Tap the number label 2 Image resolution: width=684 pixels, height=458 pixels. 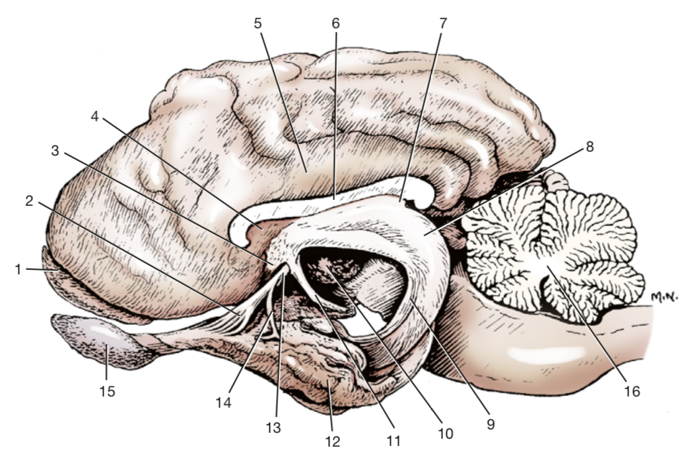click(29, 202)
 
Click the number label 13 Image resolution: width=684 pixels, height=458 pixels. click(273, 428)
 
